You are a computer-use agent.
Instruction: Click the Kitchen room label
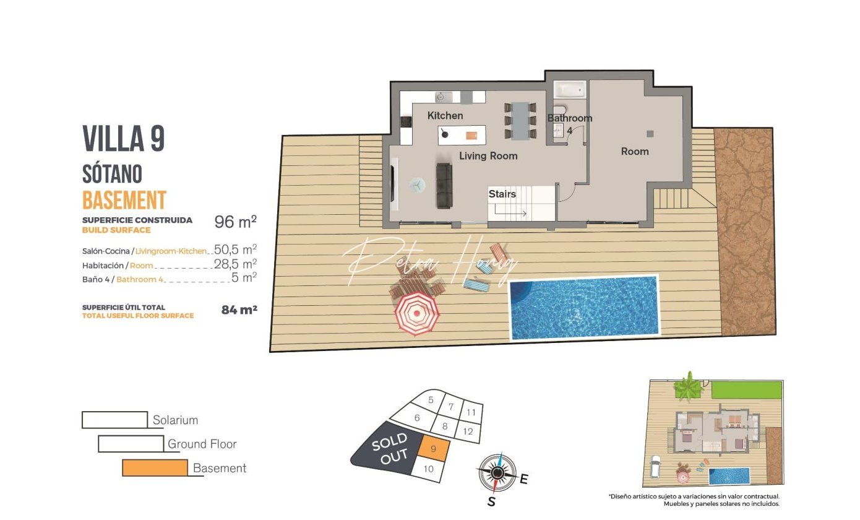point(445,115)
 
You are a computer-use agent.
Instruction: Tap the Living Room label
point(488,155)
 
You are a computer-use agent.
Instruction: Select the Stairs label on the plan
point(502,194)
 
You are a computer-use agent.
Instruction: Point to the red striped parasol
point(417,313)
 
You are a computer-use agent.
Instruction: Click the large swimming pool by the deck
point(584,308)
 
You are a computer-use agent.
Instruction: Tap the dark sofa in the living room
point(444,186)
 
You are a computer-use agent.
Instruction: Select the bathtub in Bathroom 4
point(570,89)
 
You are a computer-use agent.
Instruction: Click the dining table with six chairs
point(520,121)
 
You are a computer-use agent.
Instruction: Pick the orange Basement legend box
point(155,468)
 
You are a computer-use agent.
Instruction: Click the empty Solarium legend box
point(115,420)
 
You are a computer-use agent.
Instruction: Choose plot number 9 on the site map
point(434,449)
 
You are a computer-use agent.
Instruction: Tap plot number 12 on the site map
point(468,431)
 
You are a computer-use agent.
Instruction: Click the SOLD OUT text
point(390,449)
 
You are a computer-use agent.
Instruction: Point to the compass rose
point(497,473)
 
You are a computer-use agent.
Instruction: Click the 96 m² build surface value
point(235,222)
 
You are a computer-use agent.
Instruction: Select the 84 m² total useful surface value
point(239,310)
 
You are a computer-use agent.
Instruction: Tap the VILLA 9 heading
point(124,138)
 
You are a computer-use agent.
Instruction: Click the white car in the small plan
point(655,466)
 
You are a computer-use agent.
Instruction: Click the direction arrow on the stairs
point(510,210)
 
